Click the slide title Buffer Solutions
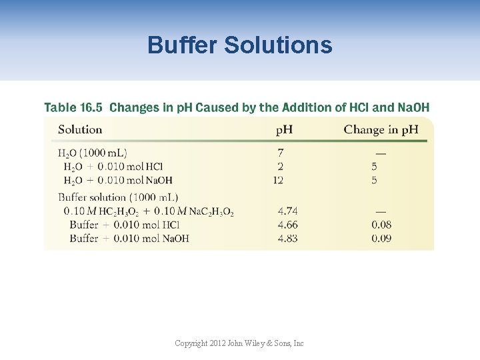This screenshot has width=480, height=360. (x=239, y=45)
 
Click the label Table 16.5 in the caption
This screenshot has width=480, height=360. (x=73, y=107)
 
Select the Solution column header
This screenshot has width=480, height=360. (x=80, y=129)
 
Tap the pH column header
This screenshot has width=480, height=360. (x=284, y=129)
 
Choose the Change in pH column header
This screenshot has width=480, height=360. (x=381, y=129)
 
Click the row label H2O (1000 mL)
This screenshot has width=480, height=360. (x=93, y=153)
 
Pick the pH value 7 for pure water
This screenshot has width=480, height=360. (x=281, y=153)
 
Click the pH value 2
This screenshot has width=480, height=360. (x=281, y=167)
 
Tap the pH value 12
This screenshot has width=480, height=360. (x=279, y=180)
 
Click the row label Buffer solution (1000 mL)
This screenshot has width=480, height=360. (x=118, y=197)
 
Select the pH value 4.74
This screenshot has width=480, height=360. (x=287, y=211)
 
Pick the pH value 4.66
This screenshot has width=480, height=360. (x=287, y=225)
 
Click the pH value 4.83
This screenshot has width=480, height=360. (x=287, y=238)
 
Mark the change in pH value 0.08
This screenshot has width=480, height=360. (x=381, y=225)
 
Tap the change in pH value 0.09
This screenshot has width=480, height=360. (x=381, y=238)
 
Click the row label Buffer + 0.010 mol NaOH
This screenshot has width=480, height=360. (x=129, y=238)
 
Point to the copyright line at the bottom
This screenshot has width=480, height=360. (x=239, y=343)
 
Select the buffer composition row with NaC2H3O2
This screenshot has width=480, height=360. (x=149, y=211)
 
